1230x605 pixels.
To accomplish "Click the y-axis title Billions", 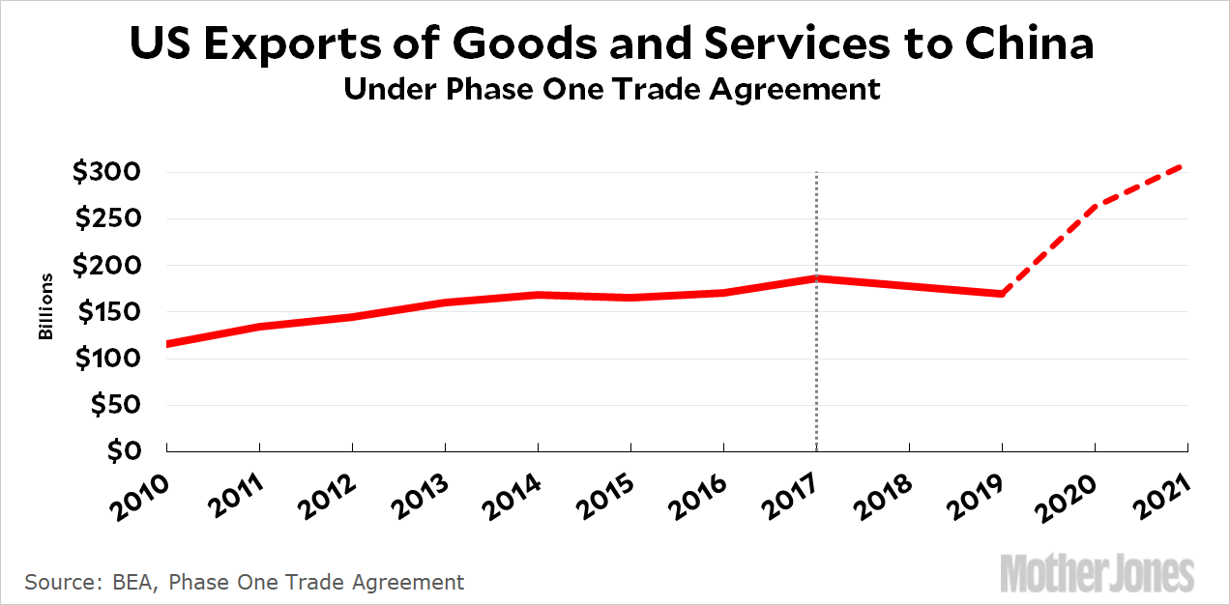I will (x=45, y=307).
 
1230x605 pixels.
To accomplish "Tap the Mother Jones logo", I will (x=1097, y=573).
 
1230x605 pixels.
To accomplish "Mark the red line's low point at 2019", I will (x=1002, y=294).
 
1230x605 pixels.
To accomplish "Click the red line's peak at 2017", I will (x=816, y=278).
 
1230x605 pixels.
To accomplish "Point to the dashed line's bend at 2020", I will (x=1095, y=205).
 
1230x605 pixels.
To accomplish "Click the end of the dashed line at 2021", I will (x=1186, y=166).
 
